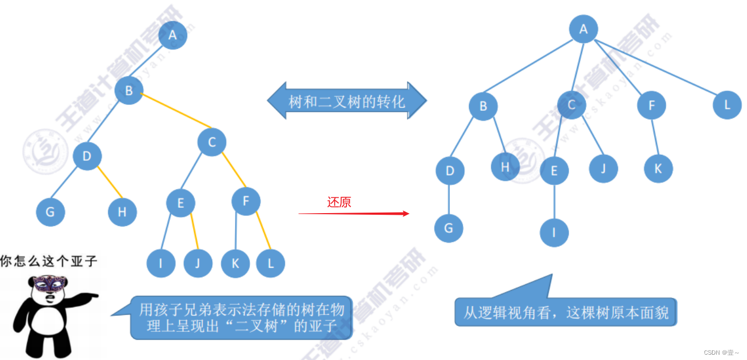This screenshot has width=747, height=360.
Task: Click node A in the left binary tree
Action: (172, 36)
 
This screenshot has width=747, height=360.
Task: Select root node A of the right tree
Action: (584, 29)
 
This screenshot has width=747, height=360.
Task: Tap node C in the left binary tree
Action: (212, 142)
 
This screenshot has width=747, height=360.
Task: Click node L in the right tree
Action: (727, 105)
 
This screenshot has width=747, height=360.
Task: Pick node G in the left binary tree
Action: (50, 212)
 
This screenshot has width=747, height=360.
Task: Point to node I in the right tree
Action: (554, 232)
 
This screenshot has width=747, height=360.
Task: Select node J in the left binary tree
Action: (198, 263)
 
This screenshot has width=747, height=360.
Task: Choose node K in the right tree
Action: (658, 169)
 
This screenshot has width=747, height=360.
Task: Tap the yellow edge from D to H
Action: (110, 183)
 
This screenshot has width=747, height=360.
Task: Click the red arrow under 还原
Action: (354, 213)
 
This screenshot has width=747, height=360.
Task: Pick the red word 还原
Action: (339, 202)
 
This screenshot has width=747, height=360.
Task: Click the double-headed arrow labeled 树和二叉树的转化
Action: (347, 100)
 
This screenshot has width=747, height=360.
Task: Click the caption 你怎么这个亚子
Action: (49, 261)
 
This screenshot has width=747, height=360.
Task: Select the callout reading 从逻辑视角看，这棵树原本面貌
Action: (566, 312)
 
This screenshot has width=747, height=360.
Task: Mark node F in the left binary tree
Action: (246, 201)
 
